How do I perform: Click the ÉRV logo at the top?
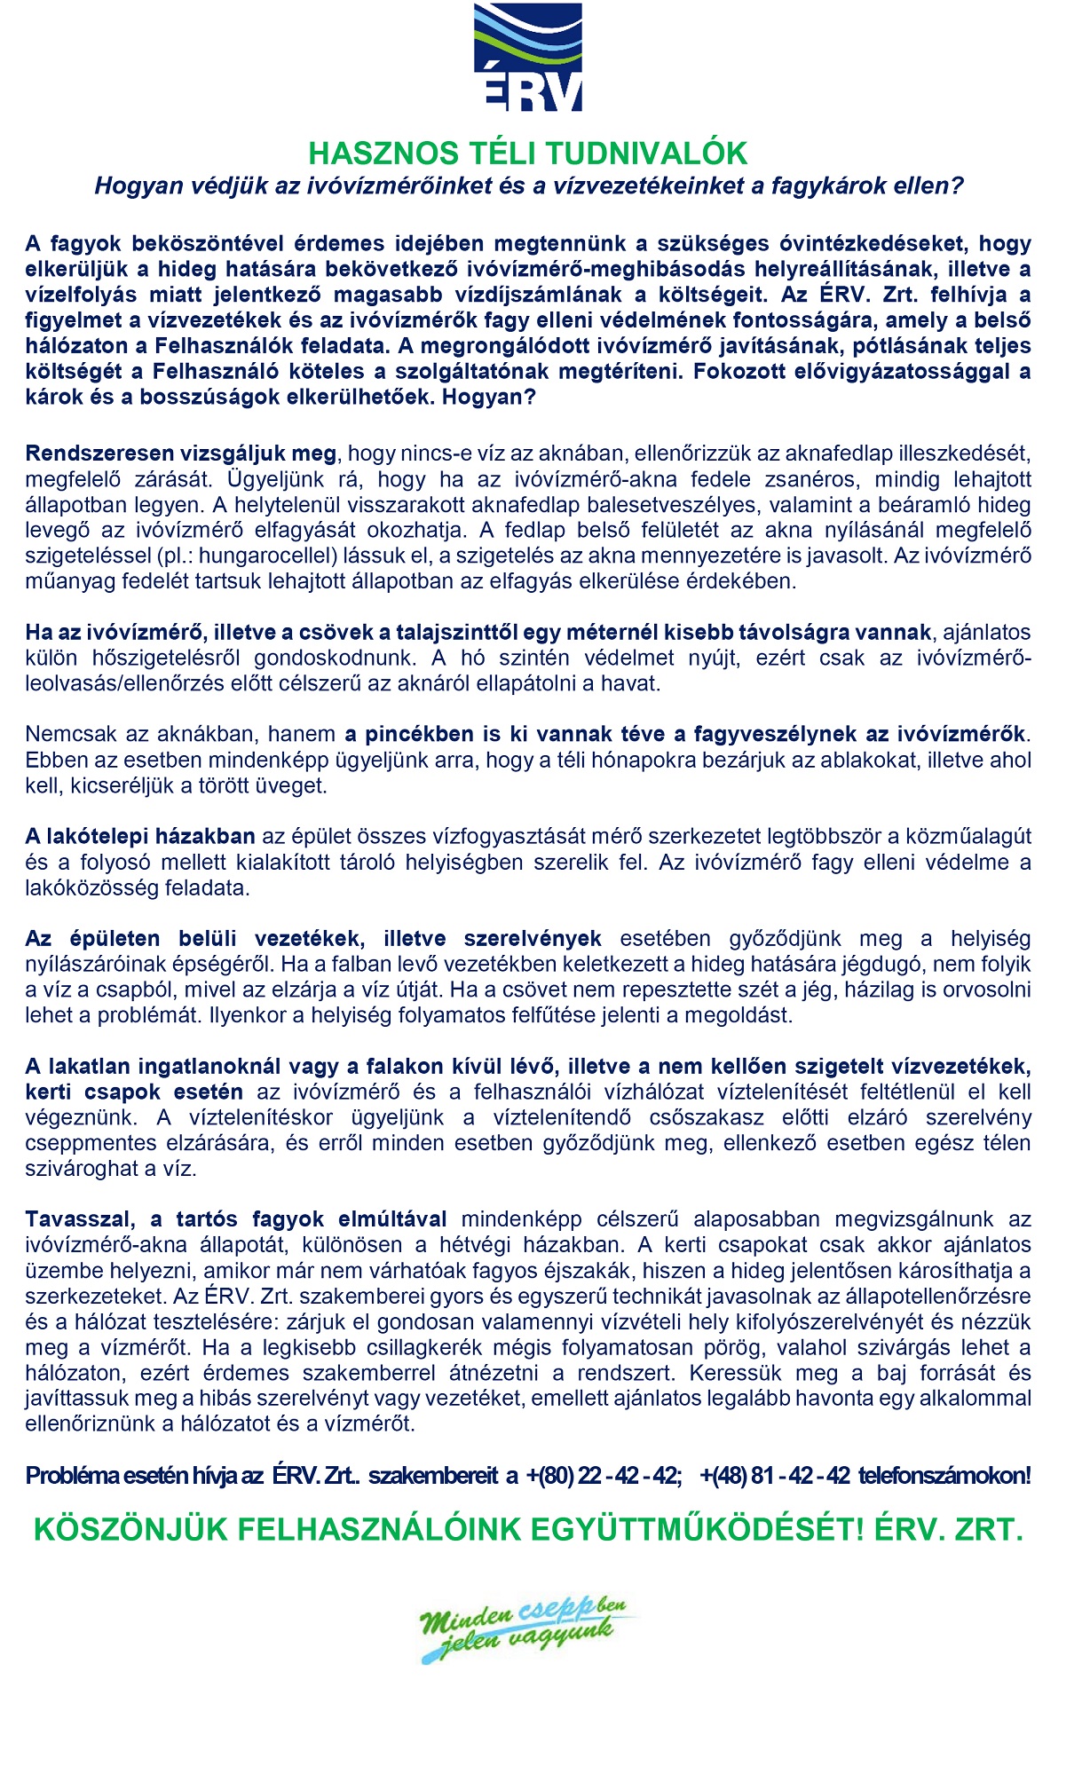click(528, 58)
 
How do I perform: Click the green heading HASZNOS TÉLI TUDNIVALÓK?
click(527, 154)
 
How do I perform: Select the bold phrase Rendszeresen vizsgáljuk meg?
click(181, 453)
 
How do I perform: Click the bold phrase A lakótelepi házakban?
click(140, 836)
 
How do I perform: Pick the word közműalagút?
click(978, 836)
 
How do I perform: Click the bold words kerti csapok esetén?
click(134, 1092)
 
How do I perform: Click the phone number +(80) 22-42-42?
click(604, 1476)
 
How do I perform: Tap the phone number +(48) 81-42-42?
click(775, 1476)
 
